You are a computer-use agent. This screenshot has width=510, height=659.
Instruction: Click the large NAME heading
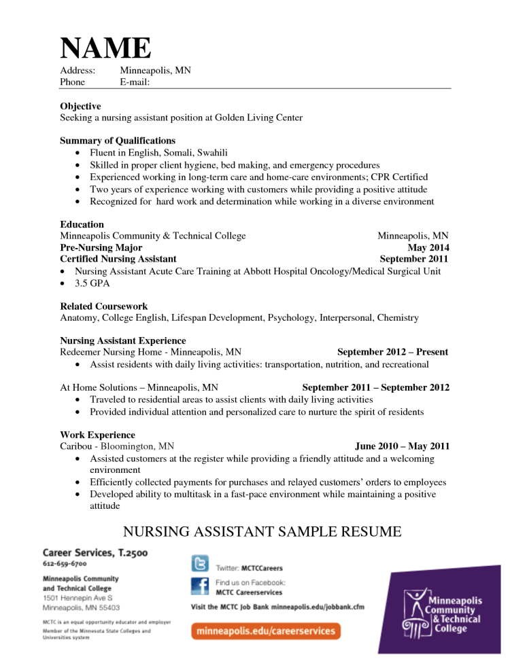[105, 48]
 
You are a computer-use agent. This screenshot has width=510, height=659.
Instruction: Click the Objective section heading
[80, 106]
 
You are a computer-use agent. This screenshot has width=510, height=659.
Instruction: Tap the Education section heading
[82, 224]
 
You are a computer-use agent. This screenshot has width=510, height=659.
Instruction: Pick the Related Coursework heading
[103, 306]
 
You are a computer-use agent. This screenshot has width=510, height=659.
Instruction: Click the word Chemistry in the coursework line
[397, 317]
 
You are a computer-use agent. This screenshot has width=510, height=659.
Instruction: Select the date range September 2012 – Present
[392, 352]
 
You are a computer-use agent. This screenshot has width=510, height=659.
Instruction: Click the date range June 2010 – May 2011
[402, 446]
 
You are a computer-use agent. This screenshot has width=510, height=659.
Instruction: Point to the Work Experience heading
[97, 435]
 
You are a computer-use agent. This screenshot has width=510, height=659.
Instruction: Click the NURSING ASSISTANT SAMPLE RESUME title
[262, 531]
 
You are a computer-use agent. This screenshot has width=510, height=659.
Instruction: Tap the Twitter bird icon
[200, 564]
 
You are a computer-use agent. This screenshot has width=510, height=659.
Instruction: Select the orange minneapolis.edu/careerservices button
[266, 631]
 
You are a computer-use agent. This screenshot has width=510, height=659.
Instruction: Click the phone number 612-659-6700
[65, 564]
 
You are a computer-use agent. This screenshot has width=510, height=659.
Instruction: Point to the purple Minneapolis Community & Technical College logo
[441, 613]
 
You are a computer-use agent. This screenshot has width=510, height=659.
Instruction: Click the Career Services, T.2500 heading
[95, 553]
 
